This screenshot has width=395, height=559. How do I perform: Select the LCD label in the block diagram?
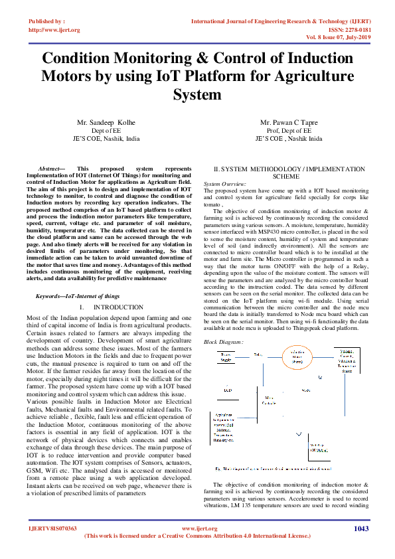click(228, 390)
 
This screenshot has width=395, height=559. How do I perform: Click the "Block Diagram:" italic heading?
click(223, 341)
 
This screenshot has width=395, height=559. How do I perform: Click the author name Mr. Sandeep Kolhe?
click(106, 123)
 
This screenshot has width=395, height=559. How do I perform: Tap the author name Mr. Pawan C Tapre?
click(288, 123)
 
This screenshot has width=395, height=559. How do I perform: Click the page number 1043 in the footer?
click(361, 528)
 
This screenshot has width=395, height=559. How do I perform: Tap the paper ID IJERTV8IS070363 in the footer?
click(52, 528)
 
